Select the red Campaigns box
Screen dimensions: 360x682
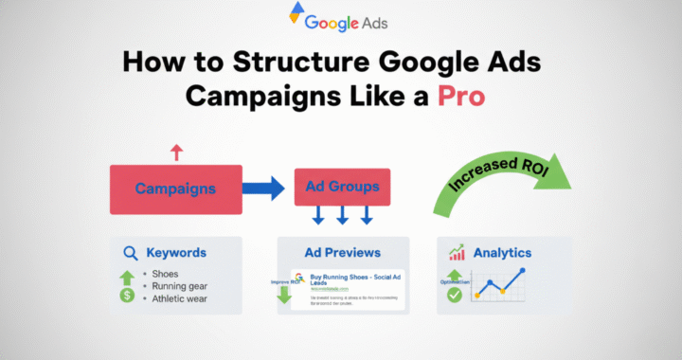point(175,188)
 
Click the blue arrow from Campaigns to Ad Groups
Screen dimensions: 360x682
point(262,188)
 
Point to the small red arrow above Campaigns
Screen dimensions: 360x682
point(174,151)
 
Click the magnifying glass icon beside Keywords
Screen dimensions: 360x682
point(130,253)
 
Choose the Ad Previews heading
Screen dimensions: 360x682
point(343,253)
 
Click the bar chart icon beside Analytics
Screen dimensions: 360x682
point(458,252)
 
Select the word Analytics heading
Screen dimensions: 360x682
point(503,253)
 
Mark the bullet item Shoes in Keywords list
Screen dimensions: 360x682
point(165,274)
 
